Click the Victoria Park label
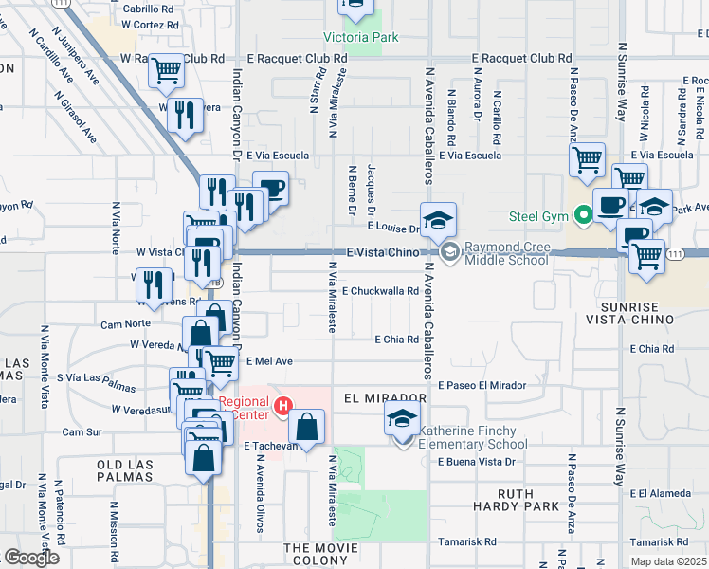click(360, 38)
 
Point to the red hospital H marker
click(282, 408)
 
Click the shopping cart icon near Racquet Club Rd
click(167, 71)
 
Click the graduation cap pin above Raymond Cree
click(438, 220)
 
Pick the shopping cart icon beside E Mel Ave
click(221, 362)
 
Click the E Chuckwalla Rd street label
click(380, 291)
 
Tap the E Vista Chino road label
click(382, 252)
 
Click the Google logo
click(31, 558)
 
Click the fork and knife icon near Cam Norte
click(152, 285)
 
